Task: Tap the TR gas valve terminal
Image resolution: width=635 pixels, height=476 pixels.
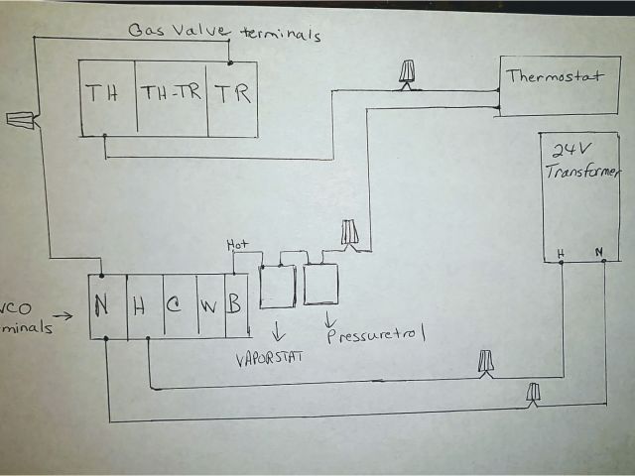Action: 233,95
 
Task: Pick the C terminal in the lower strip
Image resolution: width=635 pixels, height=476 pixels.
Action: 172,307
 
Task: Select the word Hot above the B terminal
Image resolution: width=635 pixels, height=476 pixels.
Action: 238,245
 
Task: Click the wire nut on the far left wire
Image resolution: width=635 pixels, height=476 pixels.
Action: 21,121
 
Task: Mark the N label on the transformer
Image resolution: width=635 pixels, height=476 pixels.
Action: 598,253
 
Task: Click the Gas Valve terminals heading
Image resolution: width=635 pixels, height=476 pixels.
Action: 224,32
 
